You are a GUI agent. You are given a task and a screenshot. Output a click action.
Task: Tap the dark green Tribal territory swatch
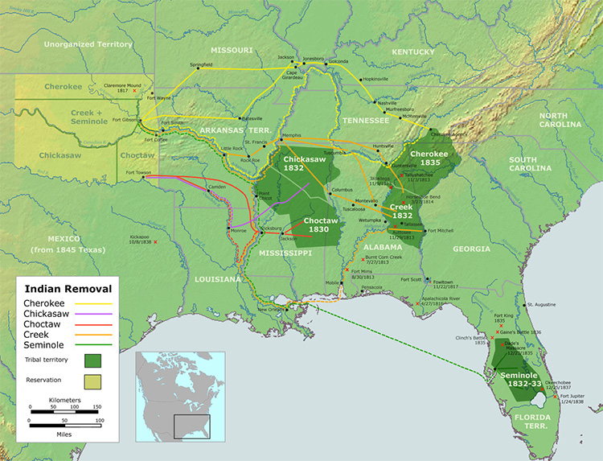[x=94, y=360]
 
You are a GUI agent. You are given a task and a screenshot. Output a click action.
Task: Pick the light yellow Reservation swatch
[x=94, y=381]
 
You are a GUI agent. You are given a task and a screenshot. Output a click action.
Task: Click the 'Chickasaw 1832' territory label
[x=302, y=164]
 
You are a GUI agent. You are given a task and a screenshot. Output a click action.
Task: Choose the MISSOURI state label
[x=232, y=49]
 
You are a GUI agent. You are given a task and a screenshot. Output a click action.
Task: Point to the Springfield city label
[x=201, y=64]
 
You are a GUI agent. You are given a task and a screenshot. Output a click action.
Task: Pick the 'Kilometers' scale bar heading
[x=64, y=400]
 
